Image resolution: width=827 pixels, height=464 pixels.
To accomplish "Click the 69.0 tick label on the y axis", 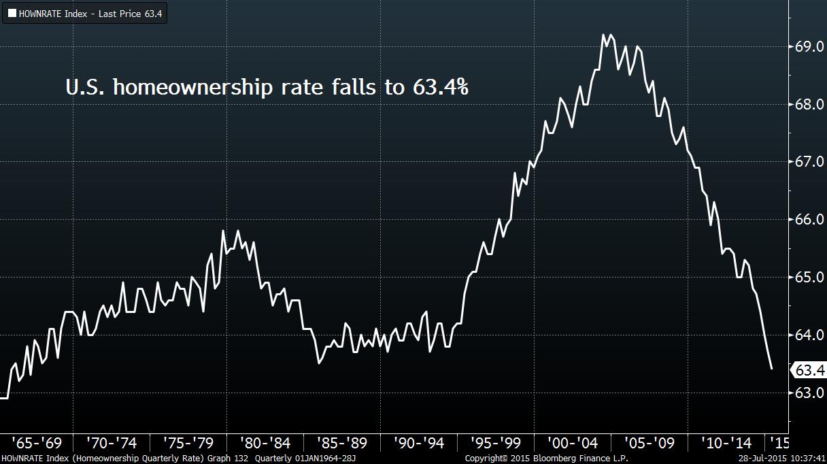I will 809,47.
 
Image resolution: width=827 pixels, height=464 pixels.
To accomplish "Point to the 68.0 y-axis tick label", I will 809,105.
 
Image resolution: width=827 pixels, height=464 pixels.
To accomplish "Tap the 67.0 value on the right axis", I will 809,162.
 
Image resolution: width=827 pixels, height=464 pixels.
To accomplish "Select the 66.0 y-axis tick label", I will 809,220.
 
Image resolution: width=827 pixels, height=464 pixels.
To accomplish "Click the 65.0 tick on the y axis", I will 809,278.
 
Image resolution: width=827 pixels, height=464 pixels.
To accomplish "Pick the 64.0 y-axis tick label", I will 809,335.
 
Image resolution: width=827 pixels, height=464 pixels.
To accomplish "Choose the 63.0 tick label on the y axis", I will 809,393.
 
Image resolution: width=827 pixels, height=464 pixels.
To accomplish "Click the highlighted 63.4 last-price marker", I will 809,370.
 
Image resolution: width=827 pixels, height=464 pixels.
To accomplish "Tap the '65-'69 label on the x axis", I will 37,444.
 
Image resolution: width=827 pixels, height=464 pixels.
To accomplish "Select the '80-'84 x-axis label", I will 266,444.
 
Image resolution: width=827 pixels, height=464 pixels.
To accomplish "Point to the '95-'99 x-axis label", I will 496,444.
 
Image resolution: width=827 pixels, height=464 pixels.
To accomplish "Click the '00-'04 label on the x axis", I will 573,444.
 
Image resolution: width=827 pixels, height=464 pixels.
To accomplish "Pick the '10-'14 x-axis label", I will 726,444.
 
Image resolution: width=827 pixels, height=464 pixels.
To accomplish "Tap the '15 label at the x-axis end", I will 779,444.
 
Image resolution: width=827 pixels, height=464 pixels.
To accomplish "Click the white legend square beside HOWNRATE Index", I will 12,13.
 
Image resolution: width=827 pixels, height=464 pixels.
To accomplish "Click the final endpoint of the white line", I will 771,369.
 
